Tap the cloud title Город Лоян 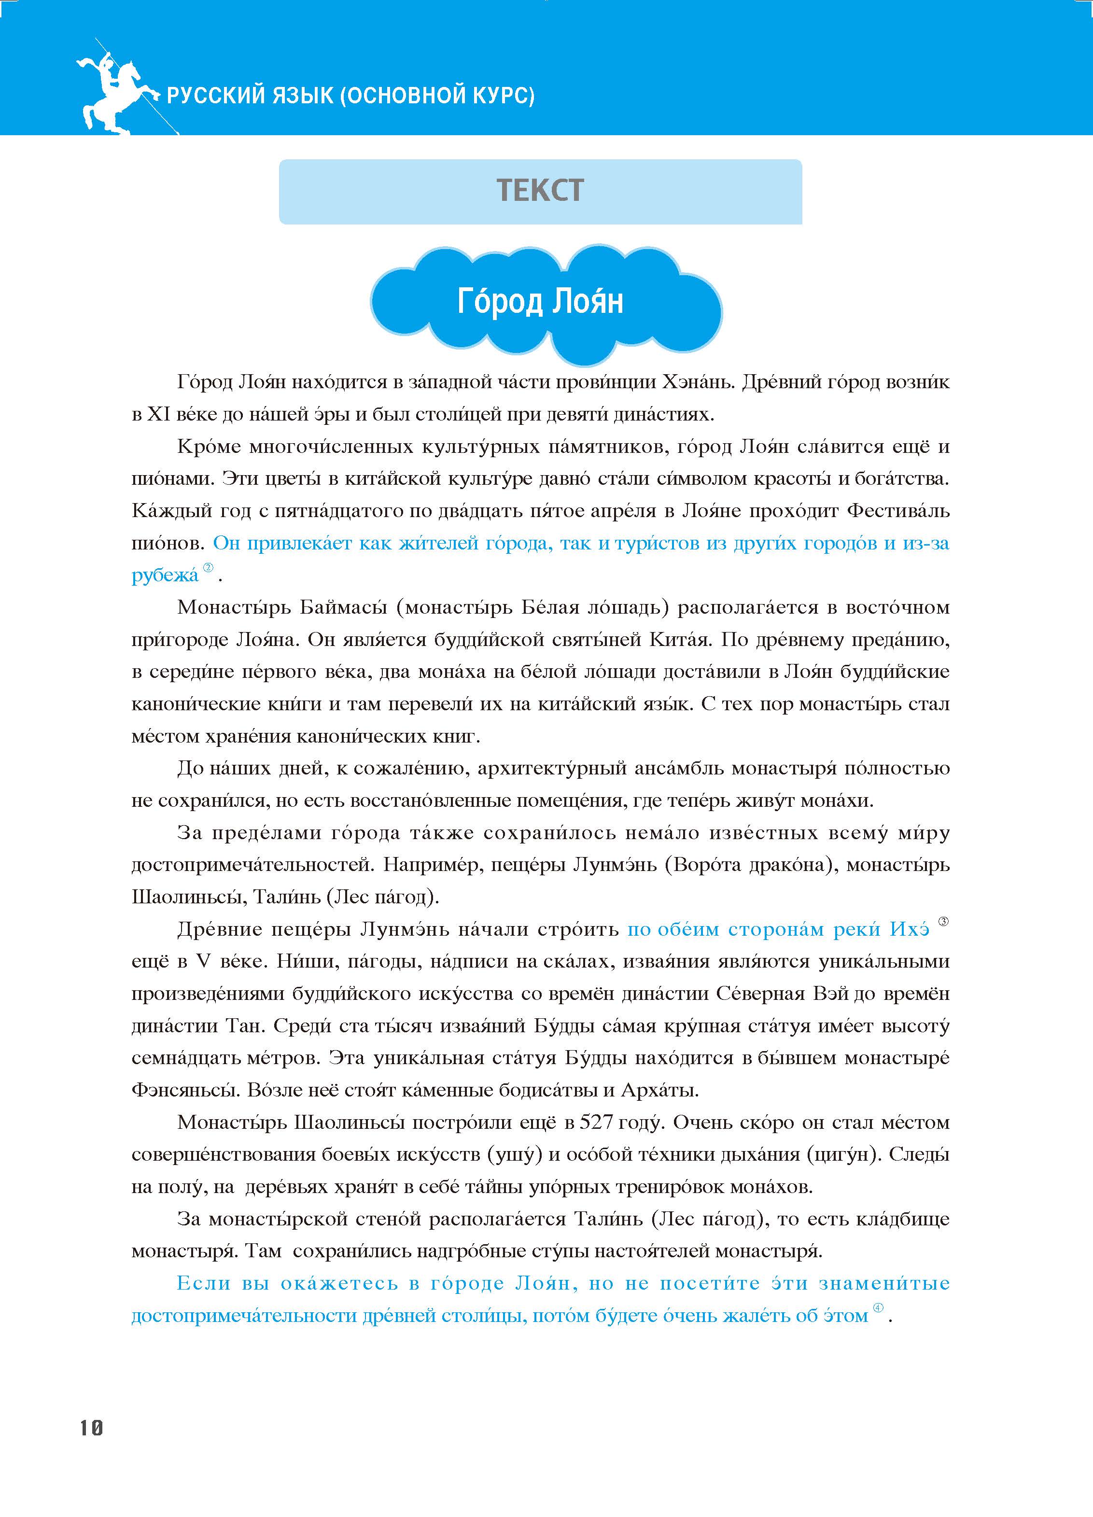tap(541, 302)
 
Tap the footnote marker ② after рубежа tap(208, 568)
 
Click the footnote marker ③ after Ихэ tap(943, 922)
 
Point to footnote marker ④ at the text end tap(878, 1307)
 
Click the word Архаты tap(659, 1090)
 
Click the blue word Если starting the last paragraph tap(203, 1284)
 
